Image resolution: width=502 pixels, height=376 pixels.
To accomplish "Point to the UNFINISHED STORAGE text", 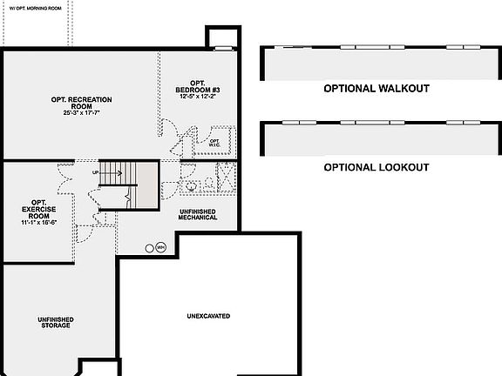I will [55, 323].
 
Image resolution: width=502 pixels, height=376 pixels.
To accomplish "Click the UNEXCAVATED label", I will [208, 315].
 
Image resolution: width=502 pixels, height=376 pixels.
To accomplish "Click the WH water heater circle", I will [160, 247].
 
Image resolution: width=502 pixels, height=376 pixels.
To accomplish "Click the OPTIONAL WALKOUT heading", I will [376, 89].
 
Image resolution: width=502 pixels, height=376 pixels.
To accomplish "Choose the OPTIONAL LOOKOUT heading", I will [376, 166].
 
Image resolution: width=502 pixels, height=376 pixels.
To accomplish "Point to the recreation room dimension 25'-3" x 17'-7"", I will [80, 113].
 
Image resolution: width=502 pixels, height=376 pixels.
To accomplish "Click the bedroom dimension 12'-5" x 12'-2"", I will [194, 96].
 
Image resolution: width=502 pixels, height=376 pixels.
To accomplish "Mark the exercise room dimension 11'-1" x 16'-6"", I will [39, 223].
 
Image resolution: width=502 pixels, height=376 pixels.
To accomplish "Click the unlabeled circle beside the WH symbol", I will [149, 247].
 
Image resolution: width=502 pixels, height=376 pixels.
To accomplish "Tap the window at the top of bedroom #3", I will [222, 46].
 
